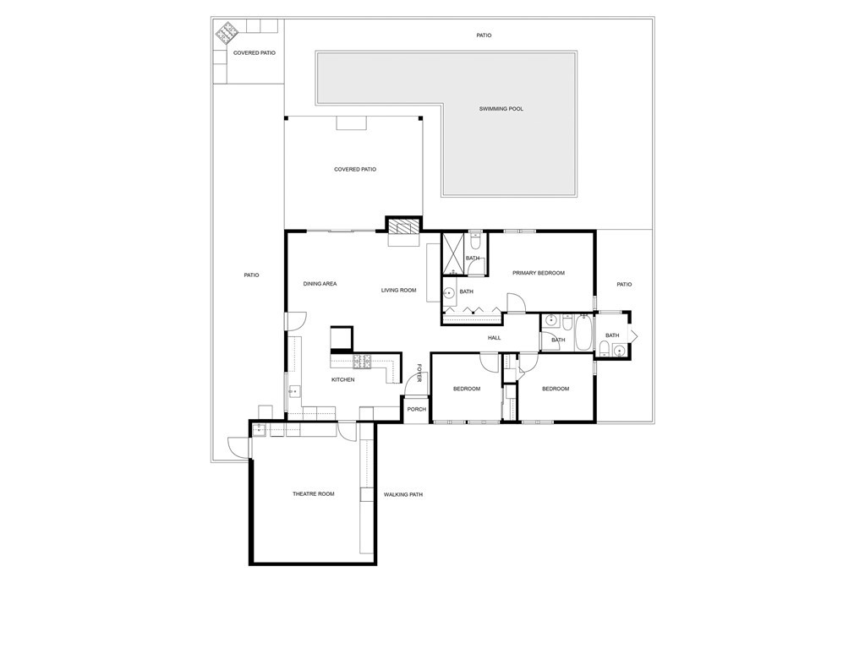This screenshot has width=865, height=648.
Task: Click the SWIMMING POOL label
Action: click(501, 109)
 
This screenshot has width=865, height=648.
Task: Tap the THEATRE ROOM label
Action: click(313, 494)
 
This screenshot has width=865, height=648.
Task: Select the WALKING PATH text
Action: click(402, 495)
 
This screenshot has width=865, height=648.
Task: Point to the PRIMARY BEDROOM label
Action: click(538, 273)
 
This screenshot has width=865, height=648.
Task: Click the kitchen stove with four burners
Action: click(362, 362)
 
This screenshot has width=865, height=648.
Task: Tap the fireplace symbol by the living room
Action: click(403, 226)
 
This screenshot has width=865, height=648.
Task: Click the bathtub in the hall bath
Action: click(583, 333)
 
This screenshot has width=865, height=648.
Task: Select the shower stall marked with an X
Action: click(452, 253)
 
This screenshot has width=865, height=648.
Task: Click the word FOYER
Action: click(419, 373)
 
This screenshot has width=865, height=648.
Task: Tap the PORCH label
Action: click(416, 410)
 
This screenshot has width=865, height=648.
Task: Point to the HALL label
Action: click(494, 338)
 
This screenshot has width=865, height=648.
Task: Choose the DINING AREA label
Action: click(320, 284)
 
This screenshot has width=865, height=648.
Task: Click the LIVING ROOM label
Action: click(398, 291)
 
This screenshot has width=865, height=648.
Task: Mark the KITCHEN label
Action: click(342, 380)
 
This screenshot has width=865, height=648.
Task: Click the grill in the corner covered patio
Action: click(227, 34)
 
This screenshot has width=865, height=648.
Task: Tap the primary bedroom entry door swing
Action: click(514, 303)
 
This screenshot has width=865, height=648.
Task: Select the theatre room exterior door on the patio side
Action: click(238, 447)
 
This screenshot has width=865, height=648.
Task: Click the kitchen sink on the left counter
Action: click(294, 391)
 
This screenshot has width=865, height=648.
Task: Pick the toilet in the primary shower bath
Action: click(475, 239)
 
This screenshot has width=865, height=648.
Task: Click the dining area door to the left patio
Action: click(295, 321)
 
